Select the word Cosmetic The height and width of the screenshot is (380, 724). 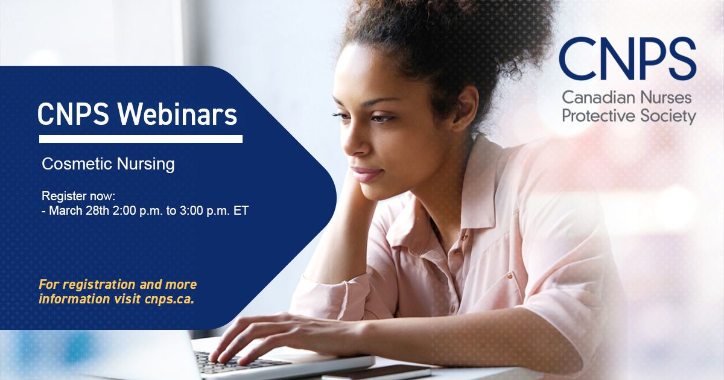point(72,164)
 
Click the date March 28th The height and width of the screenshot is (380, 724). point(82,211)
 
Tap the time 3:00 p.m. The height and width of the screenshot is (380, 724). point(202,211)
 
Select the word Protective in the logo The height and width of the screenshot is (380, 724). point(594,115)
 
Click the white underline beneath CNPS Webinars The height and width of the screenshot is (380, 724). point(141,139)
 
